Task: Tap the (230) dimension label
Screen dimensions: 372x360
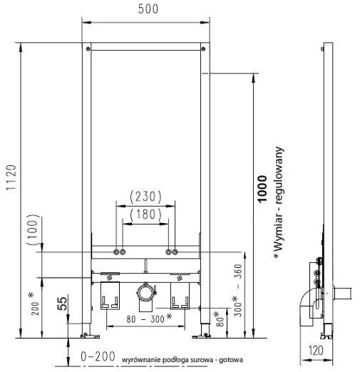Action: click(x=147, y=196)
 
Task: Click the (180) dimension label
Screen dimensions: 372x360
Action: click(x=147, y=212)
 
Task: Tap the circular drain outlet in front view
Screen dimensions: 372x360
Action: click(x=146, y=292)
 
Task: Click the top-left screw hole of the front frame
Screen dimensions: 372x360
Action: click(x=88, y=49)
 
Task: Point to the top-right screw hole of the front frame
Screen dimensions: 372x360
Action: click(x=206, y=49)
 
